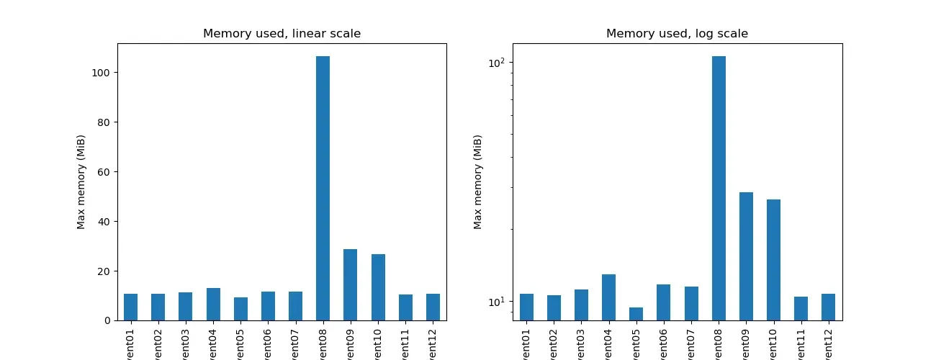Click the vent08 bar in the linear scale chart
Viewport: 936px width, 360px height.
tap(323, 188)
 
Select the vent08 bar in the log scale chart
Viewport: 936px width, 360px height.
tap(719, 188)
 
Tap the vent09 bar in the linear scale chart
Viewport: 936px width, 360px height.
tap(350, 284)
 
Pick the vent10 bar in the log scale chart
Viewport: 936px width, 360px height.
tap(773, 259)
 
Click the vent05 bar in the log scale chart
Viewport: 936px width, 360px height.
tap(636, 314)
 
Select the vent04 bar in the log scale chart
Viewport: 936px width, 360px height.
tap(609, 297)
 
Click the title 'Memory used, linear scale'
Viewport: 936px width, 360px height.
tap(282, 33)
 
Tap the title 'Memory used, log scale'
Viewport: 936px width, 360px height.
tap(677, 33)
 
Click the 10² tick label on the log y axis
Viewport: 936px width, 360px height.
tap(496, 63)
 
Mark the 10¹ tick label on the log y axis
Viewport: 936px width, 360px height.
tap(496, 301)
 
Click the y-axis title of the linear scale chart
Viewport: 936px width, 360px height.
tap(81, 182)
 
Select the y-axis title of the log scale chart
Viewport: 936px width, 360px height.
tap(477, 182)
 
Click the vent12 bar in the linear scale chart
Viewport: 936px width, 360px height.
tap(433, 307)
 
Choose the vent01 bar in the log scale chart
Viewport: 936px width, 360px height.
tap(526, 307)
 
